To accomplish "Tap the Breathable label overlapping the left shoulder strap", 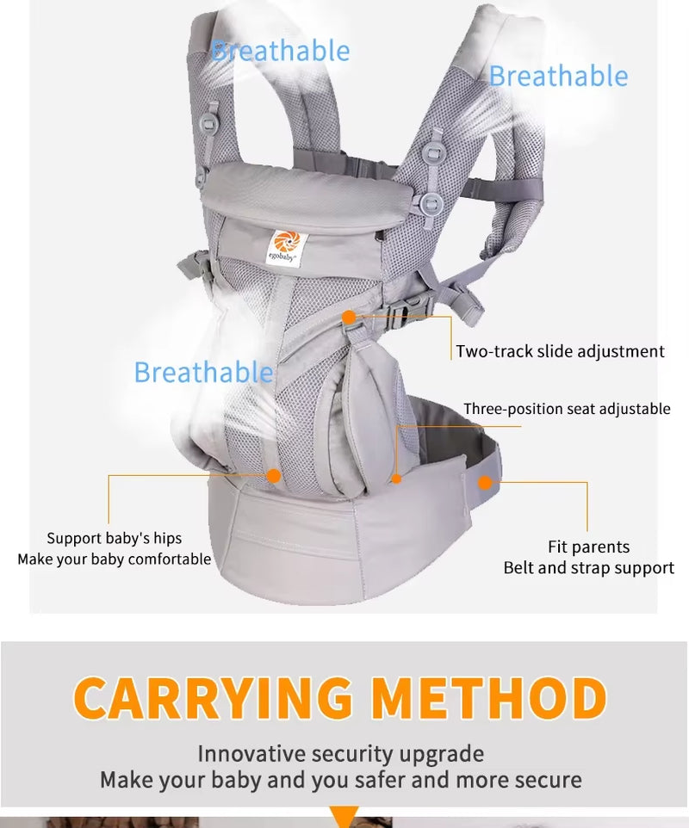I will (x=281, y=51).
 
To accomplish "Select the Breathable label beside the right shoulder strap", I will (x=558, y=76).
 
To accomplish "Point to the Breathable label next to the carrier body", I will (x=203, y=373).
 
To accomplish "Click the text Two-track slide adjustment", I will (x=560, y=351).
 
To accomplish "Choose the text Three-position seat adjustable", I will (x=567, y=409).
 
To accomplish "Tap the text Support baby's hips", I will (x=115, y=538).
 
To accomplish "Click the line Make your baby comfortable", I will (x=115, y=559).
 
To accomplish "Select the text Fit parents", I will (x=588, y=547).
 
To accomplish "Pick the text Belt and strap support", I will (x=589, y=568).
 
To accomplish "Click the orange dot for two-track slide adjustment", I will (x=349, y=318).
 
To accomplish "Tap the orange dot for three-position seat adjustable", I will (x=396, y=478).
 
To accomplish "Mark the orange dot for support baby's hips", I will (x=274, y=474).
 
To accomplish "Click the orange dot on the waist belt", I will (x=485, y=482).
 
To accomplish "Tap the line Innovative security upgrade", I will (x=340, y=754).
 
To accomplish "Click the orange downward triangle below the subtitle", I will (x=344, y=816).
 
